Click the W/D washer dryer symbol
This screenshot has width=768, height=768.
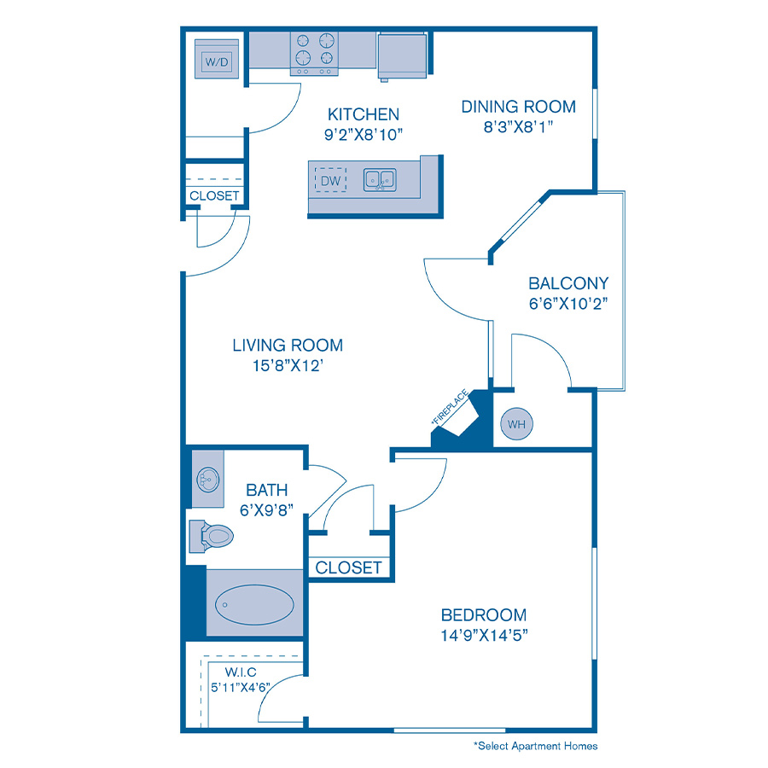point(216,61)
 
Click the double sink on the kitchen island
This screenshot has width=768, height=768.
point(381,180)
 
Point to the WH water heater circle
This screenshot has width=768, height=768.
point(516,423)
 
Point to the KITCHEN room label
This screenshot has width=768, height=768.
point(364,114)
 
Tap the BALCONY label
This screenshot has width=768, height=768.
point(567,283)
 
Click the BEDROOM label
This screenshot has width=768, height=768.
point(483,614)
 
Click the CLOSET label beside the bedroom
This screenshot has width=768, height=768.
point(349,567)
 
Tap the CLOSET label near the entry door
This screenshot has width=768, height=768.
point(214,195)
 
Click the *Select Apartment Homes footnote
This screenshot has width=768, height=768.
point(536,746)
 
